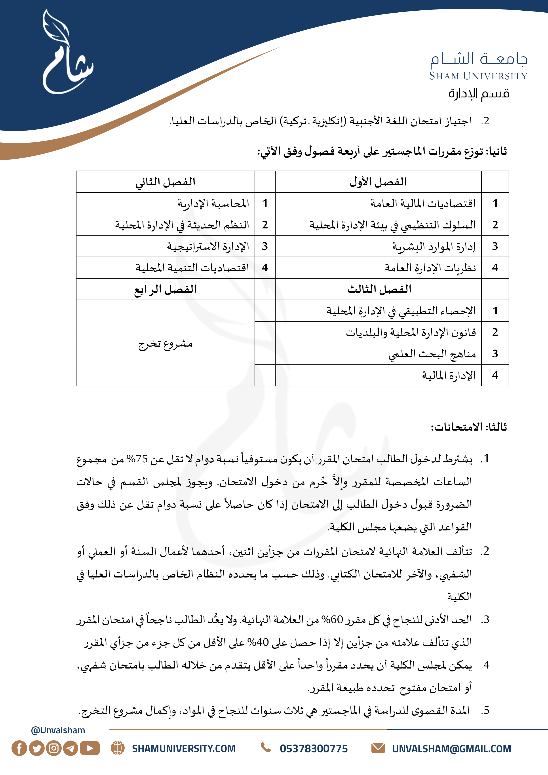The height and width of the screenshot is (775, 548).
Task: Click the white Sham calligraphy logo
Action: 66,54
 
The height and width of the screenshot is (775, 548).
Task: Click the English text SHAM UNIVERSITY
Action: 478,76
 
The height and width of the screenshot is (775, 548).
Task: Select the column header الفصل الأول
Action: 378,182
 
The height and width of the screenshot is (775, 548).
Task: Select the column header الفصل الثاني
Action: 166,182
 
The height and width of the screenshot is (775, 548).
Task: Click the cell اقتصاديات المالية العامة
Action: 423,203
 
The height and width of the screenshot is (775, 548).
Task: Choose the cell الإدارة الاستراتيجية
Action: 208,246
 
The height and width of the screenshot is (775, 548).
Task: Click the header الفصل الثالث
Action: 379,289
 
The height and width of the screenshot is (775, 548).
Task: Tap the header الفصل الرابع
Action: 166,289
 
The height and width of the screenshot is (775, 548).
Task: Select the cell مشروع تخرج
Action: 166,344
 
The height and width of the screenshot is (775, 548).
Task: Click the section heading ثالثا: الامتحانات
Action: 469,427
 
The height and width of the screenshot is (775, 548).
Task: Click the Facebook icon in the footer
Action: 19,748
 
